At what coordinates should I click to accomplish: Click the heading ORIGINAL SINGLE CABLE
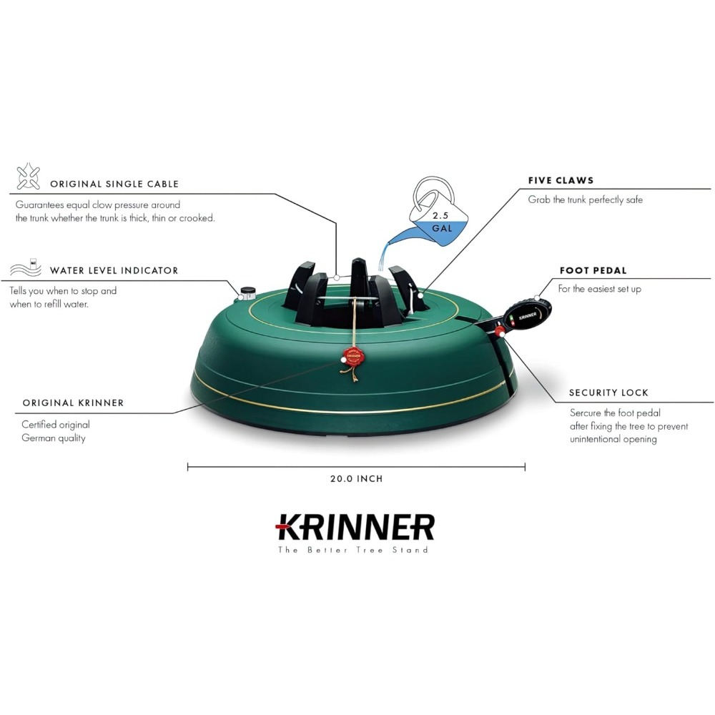[x=114, y=184]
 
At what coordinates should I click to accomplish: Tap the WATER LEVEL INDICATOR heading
[x=114, y=270]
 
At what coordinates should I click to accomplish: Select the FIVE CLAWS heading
[x=561, y=181]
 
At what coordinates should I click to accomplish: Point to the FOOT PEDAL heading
[x=593, y=270]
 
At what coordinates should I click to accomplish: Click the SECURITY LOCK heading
[x=608, y=393]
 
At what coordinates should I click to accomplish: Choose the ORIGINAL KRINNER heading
[x=74, y=403]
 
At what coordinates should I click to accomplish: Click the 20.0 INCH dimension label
[x=357, y=479]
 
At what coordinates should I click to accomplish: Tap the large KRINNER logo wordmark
[x=355, y=528]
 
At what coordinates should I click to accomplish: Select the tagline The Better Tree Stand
[x=353, y=550]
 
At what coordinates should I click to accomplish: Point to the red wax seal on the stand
[x=353, y=355]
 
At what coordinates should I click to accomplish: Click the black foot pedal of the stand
[x=527, y=313]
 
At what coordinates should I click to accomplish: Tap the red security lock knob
[x=500, y=330]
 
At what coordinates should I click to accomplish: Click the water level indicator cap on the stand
[x=247, y=292]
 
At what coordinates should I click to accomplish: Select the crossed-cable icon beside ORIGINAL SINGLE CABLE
[x=29, y=176]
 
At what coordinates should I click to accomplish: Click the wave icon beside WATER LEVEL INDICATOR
[x=26, y=267]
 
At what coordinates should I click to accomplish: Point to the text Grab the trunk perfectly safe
[x=586, y=199]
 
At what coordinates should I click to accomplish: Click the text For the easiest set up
[x=600, y=289]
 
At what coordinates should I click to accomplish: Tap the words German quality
[x=54, y=438]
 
